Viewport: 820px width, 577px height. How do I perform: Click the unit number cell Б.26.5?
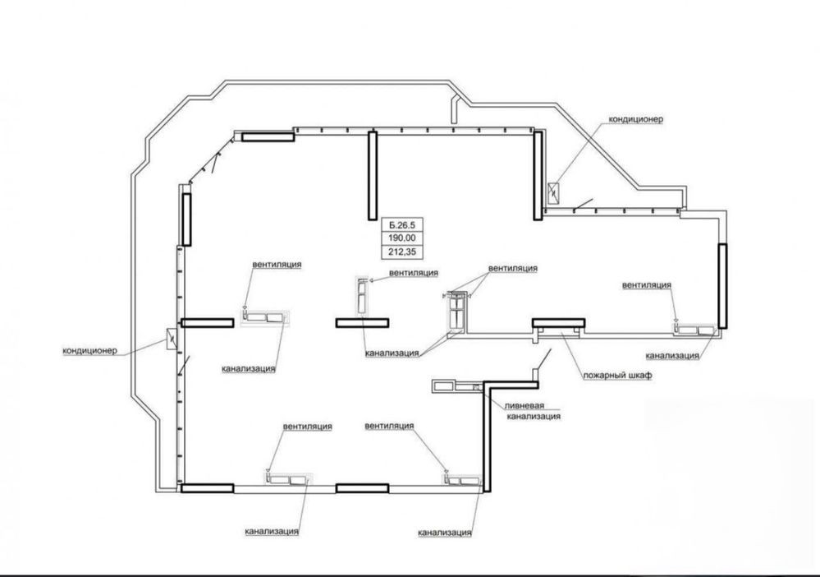pos(401,225)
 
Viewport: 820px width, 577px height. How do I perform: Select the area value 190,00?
pos(401,238)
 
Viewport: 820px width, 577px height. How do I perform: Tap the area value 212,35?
pos(401,252)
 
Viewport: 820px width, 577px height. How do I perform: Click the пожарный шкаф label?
pos(617,376)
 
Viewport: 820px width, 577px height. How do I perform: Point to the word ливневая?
pos(525,406)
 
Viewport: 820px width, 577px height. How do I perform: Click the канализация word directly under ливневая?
pos(534,416)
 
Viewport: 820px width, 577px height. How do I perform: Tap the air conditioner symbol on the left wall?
pos(172,339)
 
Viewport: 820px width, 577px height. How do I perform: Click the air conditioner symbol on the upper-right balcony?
pos(553,193)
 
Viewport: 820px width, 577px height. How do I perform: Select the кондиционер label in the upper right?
pos(635,119)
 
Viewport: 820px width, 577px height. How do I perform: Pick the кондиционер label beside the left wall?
pos(90,350)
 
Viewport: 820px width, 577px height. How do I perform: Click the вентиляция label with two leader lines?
pos(512,268)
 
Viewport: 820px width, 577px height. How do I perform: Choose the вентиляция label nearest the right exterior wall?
pos(646,285)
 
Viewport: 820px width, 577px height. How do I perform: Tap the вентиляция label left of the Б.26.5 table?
pos(277,264)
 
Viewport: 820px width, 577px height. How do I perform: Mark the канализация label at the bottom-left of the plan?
pos(272,531)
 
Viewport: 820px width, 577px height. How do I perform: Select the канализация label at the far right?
pos(672,356)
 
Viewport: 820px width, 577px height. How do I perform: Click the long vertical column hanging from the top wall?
pos(373,175)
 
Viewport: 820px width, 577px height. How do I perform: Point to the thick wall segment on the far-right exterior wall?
pos(722,286)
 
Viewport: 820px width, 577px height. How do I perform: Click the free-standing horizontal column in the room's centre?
pos(362,322)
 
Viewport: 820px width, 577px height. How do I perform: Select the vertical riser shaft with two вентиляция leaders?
pos(457,312)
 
